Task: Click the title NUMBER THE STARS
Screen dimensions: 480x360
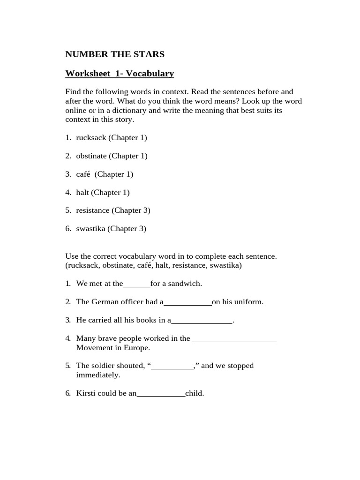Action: [115, 54]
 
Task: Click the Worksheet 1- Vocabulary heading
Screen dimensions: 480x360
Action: [120, 74]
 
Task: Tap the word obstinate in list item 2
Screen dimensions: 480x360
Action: [92, 156]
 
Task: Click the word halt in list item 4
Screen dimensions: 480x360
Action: [82, 192]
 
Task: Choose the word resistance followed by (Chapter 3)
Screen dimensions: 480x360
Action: [93, 210]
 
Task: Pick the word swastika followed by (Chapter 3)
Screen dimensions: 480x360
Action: [91, 229]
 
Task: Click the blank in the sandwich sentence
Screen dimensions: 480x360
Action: [136, 284]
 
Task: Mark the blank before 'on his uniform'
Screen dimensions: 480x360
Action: [187, 302]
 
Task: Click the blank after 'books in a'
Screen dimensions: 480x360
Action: [202, 321]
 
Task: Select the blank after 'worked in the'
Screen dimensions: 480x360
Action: [234, 338]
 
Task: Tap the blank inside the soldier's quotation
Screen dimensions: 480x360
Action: [173, 366]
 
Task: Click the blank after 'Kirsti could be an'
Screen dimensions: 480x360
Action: [161, 394]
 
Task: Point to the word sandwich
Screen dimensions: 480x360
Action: [186, 284]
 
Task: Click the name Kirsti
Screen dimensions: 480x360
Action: [86, 393]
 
